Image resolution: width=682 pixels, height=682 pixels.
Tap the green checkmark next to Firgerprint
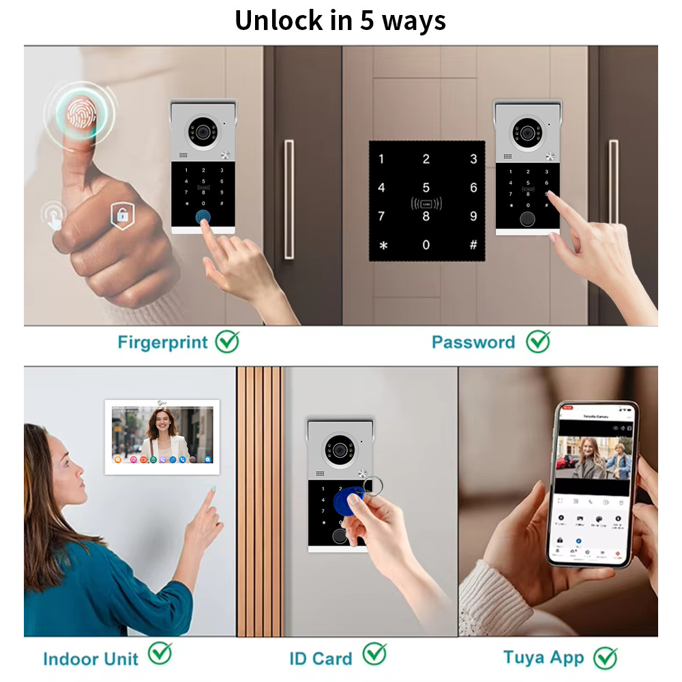point(227,341)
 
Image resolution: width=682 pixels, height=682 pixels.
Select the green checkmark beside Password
point(538,341)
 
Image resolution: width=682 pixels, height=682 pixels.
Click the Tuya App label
point(544,657)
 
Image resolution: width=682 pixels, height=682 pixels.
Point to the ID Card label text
point(321,659)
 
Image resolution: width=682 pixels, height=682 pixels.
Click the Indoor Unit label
point(90,659)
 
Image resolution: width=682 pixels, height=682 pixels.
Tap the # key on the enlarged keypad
point(473,245)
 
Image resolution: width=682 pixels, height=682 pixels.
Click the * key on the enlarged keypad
point(383,246)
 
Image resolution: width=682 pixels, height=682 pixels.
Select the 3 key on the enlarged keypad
point(473,160)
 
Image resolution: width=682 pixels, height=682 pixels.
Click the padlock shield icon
point(121,216)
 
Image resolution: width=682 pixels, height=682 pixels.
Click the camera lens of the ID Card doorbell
point(339,449)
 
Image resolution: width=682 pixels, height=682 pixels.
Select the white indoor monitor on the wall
point(162,437)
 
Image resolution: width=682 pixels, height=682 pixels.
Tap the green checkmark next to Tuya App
point(605,657)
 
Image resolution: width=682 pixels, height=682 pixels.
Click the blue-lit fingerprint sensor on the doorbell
point(203,217)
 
